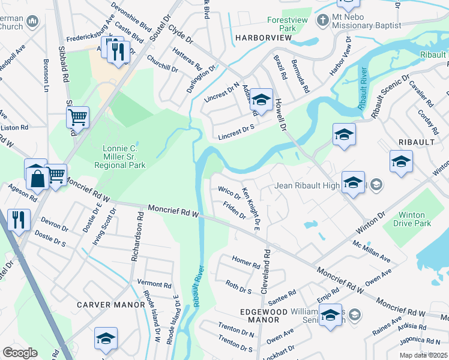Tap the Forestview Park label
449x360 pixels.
[x=282, y=23]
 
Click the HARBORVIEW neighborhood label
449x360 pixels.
[x=262, y=38]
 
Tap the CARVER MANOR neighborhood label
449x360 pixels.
[x=111, y=305]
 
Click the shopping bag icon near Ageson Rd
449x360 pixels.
[x=36, y=175]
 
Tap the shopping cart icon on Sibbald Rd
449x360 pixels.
[x=77, y=118]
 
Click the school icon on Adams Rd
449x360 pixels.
[x=261, y=100]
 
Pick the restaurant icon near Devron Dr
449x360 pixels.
[x=18, y=220]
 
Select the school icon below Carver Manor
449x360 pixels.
[x=106, y=339]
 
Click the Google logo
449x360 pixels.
[x=20, y=353]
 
